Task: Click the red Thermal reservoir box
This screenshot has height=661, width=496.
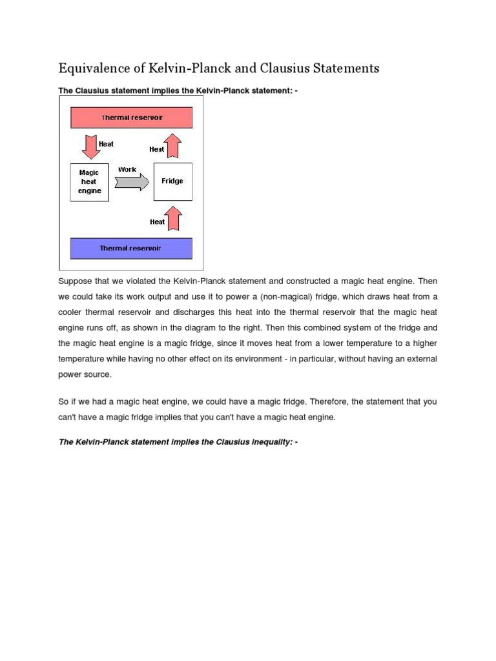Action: (x=131, y=117)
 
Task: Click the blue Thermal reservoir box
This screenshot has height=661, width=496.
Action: (x=131, y=248)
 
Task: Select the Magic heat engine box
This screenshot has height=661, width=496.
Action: (x=89, y=182)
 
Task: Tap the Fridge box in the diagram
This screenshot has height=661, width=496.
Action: (x=172, y=181)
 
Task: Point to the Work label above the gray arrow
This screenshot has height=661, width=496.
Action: (x=127, y=169)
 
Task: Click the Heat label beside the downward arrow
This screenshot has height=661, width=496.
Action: (x=106, y=144)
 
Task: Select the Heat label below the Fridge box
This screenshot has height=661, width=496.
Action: (x=157, y=221)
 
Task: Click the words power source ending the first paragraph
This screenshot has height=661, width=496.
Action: (x=85, y=374)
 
